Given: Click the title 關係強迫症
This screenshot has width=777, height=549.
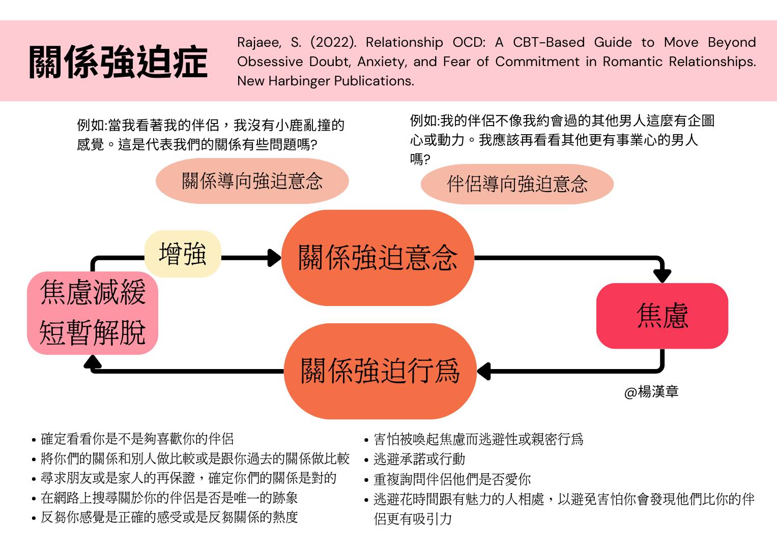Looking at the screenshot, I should [x=118, y=62].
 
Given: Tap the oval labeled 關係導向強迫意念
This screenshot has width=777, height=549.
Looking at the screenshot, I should [x=252, y=181].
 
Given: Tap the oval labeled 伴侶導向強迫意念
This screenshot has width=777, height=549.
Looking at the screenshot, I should [x=517, y=184].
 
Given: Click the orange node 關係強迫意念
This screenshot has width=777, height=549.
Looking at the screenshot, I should [x=378, y=258].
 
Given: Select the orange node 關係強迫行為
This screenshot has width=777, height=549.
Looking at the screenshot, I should [x=380, y=371].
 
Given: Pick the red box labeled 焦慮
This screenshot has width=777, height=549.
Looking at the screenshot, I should [x=662, y=316].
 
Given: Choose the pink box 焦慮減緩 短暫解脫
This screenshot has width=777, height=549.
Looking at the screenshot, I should [x=93, y=313].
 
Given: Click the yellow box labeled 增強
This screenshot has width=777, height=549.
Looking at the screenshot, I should [x=183, y=254].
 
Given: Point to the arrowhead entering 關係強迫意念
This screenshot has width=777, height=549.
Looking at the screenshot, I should [x=275, y=258].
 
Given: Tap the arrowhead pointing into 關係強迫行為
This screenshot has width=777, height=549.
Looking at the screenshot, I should [x=483, y=371].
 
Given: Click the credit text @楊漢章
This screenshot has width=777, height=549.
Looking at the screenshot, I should [x=651, y=392].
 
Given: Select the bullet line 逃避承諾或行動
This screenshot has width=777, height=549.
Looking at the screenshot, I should [x=419, y=459].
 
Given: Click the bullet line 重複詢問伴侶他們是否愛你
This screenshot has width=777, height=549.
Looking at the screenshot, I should [x=452, y=479].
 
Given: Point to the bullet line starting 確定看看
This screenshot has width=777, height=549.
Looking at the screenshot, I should [x=137, y=439].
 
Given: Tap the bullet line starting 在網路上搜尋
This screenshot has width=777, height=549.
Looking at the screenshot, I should [x=169, y=498].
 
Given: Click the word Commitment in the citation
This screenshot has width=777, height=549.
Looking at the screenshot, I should [x=537, y=62].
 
